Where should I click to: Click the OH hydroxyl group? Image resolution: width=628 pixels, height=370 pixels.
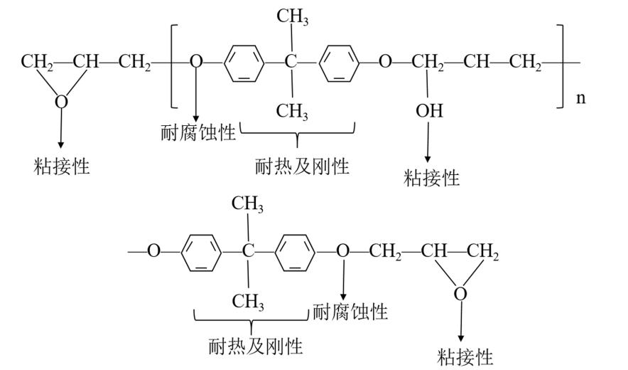click(x=429, y=111)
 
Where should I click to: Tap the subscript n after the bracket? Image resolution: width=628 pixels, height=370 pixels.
click(x=580, y=97)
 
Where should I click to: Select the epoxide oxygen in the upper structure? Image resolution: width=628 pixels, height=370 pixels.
click(x=62, y=102)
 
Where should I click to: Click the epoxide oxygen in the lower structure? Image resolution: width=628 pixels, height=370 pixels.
click(x=460, y=293)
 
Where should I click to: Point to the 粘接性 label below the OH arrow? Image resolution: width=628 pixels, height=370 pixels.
click(x=431, y=177)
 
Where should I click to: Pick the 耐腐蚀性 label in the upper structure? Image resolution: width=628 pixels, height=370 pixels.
click(x=198, y=132)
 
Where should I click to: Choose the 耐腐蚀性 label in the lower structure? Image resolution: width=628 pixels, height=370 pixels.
click(x=350, y=312)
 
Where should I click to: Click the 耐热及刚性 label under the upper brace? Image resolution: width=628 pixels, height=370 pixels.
click(x=302, y=166)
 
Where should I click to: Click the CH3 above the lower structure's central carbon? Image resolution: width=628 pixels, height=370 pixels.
click(x=248, y=205)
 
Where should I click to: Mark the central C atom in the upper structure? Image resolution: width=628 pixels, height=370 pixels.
click(x=291, y=63)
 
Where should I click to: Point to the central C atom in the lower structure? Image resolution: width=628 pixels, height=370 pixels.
click(x=247, y=251)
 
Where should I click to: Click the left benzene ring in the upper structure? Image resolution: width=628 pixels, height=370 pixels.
click(x=244, y=63)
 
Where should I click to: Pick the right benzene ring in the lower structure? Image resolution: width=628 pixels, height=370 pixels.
click(x=295, y=251)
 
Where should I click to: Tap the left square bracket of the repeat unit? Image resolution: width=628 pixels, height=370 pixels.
click(x=173, y=62)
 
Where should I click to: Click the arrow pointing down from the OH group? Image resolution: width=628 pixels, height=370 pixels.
click(x=428, y=142)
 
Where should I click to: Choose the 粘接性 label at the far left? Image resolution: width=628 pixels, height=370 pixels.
click(x=61, y=166)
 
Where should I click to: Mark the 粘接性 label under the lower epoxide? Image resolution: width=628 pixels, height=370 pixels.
click(x=465, y=355)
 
